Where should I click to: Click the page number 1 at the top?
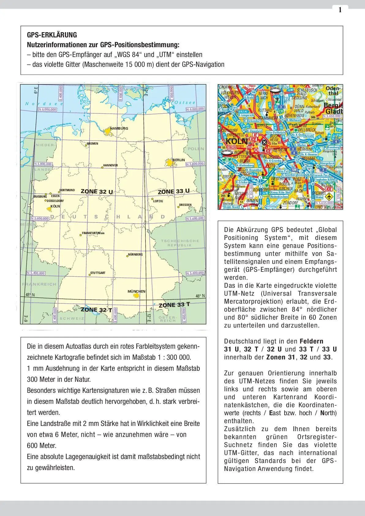tap(340, 10)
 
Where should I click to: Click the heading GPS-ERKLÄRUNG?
tap(52, 35)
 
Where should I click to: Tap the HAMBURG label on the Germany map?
tap(119, 128)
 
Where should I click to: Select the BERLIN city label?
tap(179, 160)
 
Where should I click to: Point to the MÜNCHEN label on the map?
tap(136, 291)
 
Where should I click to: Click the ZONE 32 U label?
tap(97, 192)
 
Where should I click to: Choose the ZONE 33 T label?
tap(174, 305)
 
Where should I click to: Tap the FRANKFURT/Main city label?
tap(93, 233)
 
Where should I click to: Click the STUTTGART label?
tap(98, 273)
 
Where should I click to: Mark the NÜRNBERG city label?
tap(135, 254)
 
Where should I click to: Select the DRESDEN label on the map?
tap(185, 205)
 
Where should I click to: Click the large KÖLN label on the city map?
tap(237, 141)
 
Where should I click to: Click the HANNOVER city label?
tap(110, 165)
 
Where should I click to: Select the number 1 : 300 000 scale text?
tap(174, 357)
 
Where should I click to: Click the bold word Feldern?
tap(311, 341)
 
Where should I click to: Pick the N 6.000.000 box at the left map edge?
tap(47, 109)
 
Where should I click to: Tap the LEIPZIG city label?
tap(158, 201)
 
